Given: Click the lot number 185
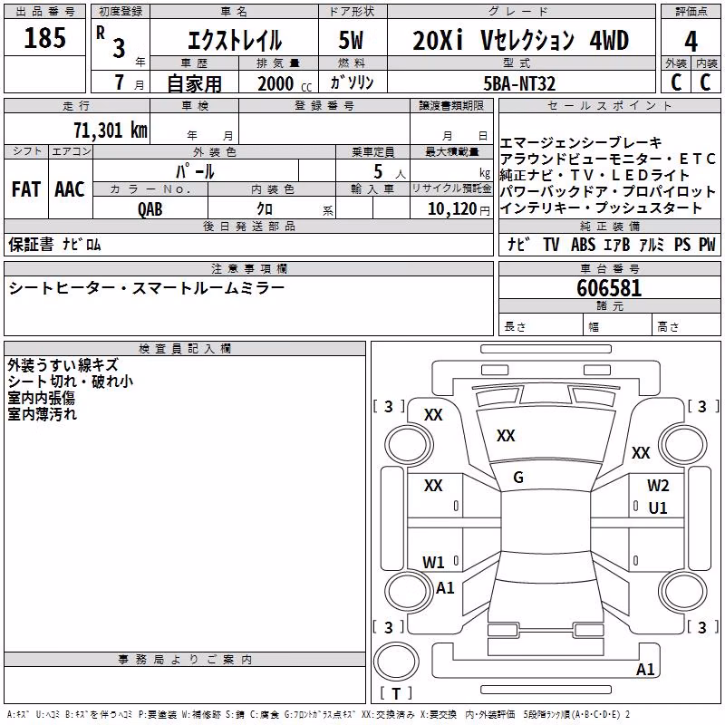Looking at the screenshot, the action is pyautogui.click(x=44, y=37).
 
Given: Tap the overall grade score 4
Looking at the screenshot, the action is pyautogui.click(x=691, y=42).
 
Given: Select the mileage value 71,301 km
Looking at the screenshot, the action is pyautogui.click(x=111, y=130).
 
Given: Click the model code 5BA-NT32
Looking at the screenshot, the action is pyautogui.click(x=519, y=83).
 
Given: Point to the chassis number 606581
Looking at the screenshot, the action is pyautogui.click(x=609, y=288).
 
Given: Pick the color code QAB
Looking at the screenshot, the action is pyautogui.click(x=150, y=209).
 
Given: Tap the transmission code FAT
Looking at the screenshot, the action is pyautogui.click(x=26, y=189).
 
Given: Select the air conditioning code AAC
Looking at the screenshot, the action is pyautogui.click(x=70, y=189).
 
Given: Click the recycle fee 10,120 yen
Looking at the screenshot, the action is pyautogui.click(x=459, y=209).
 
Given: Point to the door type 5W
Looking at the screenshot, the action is pyautogui.click(x=351, y=40).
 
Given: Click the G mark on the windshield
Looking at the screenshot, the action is pyautogui.click(x=518, y=478).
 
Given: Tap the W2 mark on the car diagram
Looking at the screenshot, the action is pyautogui.click(x=658, y=486).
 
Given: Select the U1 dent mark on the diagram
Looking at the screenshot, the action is pyautogui.click(x=658, y=508).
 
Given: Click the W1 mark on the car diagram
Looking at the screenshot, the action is pyautogui.click(x=433, y=562).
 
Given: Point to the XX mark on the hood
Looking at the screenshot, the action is pyautogui.click(x=506, y=436).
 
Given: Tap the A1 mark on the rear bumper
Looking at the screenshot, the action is pyautogui.click(x=645, y=669).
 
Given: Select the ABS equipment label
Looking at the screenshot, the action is pyautogui.click(x=583, y=244).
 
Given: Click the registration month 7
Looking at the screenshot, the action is pyautogui.click(x=120, y=82).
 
